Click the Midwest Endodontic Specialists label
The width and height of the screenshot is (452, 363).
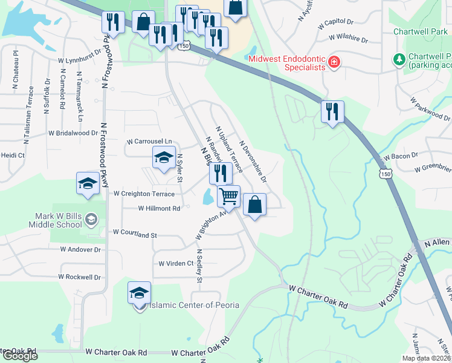287,62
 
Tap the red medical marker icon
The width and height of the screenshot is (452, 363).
333,62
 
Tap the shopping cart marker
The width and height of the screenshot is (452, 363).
228,195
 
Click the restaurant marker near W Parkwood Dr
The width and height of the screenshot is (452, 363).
332,111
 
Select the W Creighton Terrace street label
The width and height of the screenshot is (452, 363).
144,194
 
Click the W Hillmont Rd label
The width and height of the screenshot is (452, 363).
160,208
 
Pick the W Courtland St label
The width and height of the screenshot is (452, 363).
135,234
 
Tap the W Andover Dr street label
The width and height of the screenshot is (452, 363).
80,249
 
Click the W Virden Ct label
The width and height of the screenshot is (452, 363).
176,263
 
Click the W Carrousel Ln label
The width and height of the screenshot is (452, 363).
149,142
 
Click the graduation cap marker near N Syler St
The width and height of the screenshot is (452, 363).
163,159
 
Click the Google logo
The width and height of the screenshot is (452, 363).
19,356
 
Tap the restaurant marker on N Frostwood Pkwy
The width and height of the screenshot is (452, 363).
113,22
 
